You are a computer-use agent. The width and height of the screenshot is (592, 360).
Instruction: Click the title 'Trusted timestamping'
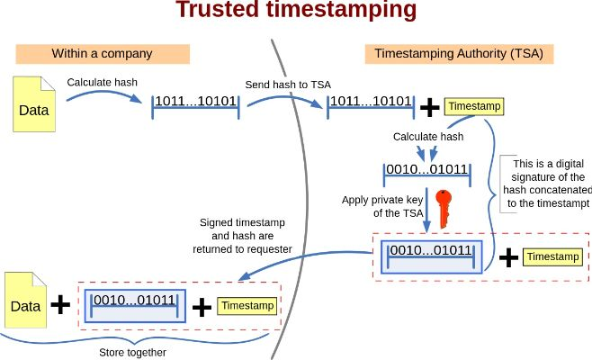pos(296,11)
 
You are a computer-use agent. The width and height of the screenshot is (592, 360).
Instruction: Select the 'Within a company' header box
pos(102,53)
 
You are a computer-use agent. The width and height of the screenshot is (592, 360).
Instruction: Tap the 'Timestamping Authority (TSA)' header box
pos(458,53)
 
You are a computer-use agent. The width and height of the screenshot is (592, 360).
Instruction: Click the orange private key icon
pos(442,207)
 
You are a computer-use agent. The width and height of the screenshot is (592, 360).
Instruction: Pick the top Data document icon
pos(33,103)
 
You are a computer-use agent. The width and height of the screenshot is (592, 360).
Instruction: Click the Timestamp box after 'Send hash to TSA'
pos(474,106)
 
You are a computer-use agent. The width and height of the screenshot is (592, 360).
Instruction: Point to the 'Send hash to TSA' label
pos(288,85)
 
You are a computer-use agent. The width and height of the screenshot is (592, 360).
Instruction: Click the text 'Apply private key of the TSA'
pos(381,207)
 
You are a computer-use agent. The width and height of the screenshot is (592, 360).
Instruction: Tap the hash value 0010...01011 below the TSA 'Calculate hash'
pos(426,168)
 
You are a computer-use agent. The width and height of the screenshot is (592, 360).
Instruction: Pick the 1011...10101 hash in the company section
pos(195,101)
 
